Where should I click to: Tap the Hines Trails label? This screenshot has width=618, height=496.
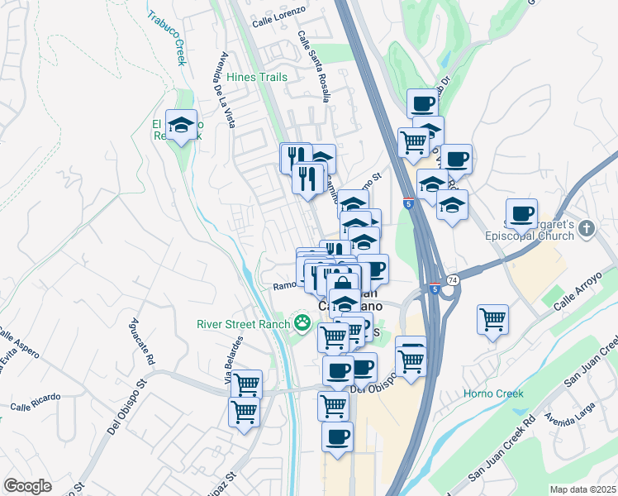tap(257, 77)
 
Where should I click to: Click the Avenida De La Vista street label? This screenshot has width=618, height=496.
tap(227, 90)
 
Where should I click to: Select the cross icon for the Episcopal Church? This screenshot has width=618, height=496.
tap(587, 228)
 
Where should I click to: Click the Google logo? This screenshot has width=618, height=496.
tap(27, 485)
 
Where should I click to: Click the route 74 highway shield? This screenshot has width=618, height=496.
tap(453, 281)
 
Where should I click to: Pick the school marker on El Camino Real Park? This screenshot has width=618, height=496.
tap(181, 125)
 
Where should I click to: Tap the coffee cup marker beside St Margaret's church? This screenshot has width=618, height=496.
tap(521, 214)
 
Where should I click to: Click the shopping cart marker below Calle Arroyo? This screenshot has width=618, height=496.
tap(493, 318)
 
